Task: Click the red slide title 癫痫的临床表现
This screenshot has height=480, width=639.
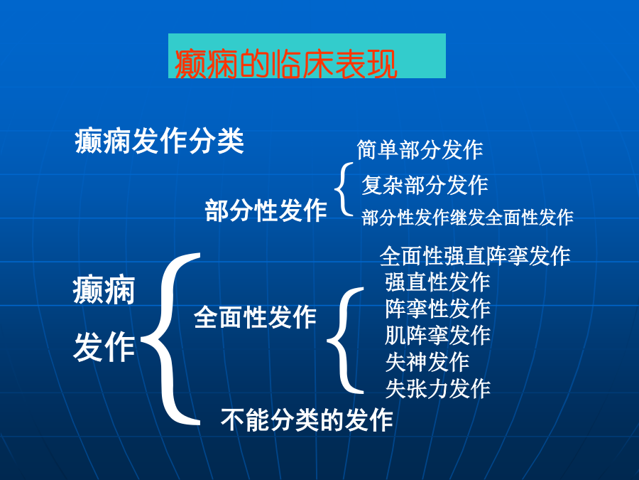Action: [x=285, y=64]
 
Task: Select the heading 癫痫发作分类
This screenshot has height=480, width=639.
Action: [x=159, y=141]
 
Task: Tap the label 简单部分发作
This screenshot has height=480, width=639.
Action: [x=420, y=150]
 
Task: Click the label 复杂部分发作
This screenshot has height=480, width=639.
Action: [x=425, y=185]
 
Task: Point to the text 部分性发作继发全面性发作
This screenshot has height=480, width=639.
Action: [x=467, y=217]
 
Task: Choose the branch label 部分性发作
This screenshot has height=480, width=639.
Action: [x=266, y=210]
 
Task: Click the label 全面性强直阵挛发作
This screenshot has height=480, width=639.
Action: [x=475, y=256]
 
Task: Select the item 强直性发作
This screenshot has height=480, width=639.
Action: [x=437, y=282]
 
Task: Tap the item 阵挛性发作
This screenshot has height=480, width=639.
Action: [x=437, y=309]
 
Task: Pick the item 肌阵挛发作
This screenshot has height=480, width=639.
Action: [x=437, y=335]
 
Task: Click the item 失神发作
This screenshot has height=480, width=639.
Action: [x=427, y=362]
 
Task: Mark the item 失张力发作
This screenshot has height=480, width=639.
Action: [x=437, y=388]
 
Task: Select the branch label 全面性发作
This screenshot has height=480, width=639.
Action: [x=255, y=317]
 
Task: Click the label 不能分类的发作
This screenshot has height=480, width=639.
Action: [x=307, y=420]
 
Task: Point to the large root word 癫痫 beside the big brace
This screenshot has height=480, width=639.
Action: [x=104, y=290]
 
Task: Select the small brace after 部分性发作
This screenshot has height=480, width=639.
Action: [x=336, y=189]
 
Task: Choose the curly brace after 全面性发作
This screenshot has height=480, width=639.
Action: [x=329, y=340]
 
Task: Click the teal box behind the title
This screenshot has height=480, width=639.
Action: [x=307, y=56]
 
